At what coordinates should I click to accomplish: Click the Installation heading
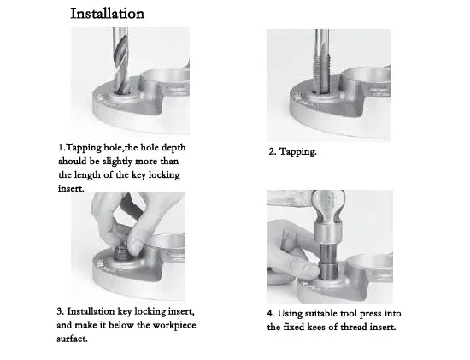coord(108,14)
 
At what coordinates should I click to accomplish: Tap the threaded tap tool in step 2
coord(321,62)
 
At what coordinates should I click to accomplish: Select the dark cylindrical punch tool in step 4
coord(328,262)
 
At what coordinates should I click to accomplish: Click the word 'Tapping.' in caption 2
coord(297,152)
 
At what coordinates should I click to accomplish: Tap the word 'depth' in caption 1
coord(173,148)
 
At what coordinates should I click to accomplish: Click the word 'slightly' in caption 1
coord(116,162)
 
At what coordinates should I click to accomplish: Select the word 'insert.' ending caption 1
coord(71,189)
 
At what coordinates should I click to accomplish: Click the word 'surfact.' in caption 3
coord(72,339)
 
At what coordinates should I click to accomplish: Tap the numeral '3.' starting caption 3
coord(61,311)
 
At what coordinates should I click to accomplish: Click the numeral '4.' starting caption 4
coord(271,314)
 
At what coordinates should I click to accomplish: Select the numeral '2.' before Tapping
coord(272,152)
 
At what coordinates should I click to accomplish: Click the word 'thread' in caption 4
coord(354,327)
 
